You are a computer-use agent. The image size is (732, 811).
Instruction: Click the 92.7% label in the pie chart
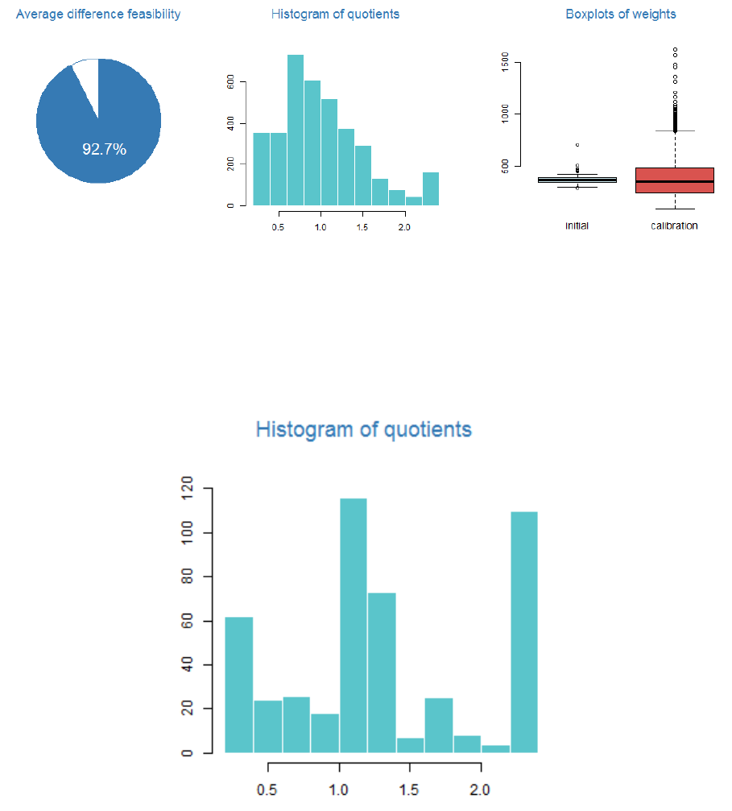tap(104, 149)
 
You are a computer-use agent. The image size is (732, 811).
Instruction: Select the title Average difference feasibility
tap(98, 14)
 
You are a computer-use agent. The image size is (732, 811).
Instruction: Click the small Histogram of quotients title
tap(335, 14)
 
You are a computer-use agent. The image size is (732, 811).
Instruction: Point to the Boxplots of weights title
tap(621, 14)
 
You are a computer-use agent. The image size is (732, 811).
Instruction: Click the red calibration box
tap(674, 180)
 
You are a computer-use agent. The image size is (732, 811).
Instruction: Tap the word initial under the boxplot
tap(577, 226)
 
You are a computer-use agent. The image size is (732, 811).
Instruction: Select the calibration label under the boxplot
tap(674, 226)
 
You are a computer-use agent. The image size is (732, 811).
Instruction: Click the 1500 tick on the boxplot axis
tap(505, 62)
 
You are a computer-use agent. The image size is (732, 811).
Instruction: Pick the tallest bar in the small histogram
tap(296, 129)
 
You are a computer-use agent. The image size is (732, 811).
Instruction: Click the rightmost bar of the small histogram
tap(431, 188)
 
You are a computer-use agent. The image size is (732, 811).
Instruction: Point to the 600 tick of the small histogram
tap(232, 82)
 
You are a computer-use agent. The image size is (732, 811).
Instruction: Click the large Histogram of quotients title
tap(363, 429)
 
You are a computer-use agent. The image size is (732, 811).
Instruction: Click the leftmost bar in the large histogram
tap(239, 685)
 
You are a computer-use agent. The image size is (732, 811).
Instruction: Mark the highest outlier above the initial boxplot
tap(577, 145)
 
